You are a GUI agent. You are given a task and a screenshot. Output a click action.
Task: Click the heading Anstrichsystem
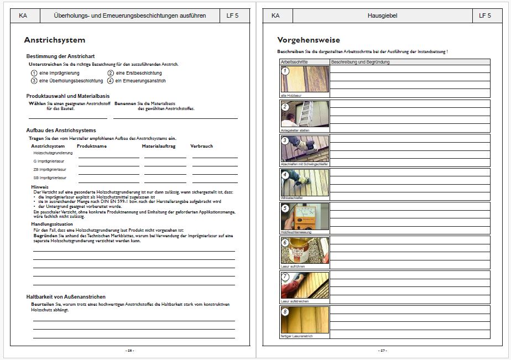click(x=55, y=40)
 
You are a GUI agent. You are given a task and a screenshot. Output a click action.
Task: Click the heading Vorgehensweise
click(x=308, y=40)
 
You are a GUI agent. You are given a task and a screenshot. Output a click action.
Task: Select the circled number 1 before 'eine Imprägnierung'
click(x=34, y=73)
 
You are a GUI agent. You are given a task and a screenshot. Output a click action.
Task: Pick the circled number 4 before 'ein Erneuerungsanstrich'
click(x=111, y=81)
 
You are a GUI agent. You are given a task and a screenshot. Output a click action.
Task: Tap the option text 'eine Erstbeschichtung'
click(x=139, y=73)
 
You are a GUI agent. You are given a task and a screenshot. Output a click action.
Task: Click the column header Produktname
click(x=92, y=146)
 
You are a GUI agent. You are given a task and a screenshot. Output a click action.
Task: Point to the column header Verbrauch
click(x=201, y=146)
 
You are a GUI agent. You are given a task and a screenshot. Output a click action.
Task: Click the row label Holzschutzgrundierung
click(x=53, y=153)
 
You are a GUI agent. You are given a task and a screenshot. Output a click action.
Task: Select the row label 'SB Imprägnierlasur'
click(x=50, y=178)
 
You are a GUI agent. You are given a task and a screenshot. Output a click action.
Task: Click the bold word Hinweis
click(x=40, y=187)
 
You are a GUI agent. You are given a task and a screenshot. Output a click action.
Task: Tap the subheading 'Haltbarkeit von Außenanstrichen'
click(x=66, y=297)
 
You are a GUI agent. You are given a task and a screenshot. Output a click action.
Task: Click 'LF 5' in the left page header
click(x=232, y=15)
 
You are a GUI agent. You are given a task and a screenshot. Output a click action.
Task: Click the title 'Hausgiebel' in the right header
click(x=383, y=15)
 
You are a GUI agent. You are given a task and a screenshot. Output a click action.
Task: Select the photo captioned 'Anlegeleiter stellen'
click(x=305, y=114)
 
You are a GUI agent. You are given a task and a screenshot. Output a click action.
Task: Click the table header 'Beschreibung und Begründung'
click(x=360, y=62)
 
